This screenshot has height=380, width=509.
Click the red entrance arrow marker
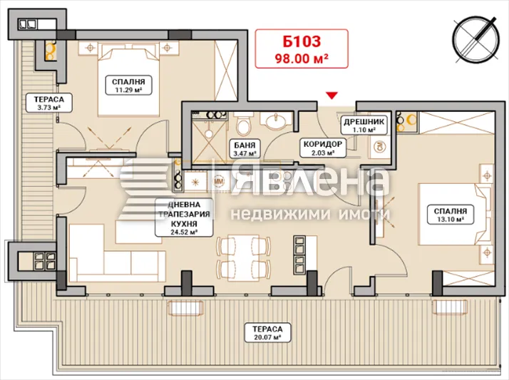pos(331,96)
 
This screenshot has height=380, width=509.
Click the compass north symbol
pos(476,39)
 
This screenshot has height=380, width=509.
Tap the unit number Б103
pos(302,41)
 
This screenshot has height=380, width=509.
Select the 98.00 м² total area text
pos(302,58)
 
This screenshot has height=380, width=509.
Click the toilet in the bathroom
pos(244,124)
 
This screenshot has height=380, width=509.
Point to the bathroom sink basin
pos(277,121)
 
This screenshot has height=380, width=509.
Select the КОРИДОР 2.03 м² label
pos(323,148)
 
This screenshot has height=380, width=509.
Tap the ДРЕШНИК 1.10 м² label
pos(364,125)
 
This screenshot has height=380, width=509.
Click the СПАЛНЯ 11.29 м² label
pos(128,86)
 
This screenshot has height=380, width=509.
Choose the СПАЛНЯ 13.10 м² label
pos(451,215)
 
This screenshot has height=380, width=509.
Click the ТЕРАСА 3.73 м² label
pos(49,103)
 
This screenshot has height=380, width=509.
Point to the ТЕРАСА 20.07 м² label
pos(267,333)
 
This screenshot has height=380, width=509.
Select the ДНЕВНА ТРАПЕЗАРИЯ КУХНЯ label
pos(184,217)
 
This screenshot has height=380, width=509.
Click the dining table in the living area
pos(244,258)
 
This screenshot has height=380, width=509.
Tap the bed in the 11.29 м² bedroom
pos(128,81)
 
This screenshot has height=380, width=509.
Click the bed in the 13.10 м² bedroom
pos(456,215)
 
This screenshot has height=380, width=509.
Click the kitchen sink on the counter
pos(195,182)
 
